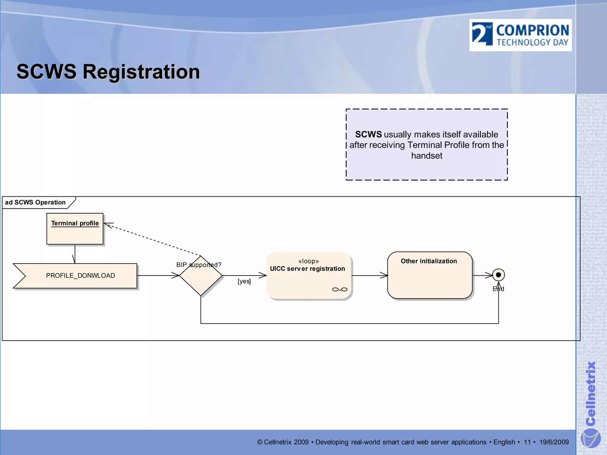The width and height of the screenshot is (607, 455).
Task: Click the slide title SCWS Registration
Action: (x=108, y=72)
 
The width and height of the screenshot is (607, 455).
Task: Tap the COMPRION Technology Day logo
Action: (x=520, y=35)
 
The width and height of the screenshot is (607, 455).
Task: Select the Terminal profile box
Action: (x=75, y=229)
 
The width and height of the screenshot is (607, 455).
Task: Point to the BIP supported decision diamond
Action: (x=201, y=276)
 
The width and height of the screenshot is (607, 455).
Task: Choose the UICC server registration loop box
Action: (x=309, y=276)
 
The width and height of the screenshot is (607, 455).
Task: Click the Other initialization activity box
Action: (x=429, y=275)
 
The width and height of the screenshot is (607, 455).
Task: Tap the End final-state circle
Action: (x=499, y=275)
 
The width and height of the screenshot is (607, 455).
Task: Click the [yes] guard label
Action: (x=244, y=281)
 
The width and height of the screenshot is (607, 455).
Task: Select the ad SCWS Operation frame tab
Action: (x=36, y=203)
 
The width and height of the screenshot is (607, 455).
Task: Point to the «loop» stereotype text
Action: (x=309, y=261)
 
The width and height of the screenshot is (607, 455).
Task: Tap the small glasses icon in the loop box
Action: (x=340, y=289)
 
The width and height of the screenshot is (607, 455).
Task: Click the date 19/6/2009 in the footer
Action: (x=554, y=442)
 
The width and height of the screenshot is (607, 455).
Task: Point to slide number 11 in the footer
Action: (x=527, y=442)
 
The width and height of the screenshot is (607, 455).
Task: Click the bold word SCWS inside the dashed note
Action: (x=368, y=134)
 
